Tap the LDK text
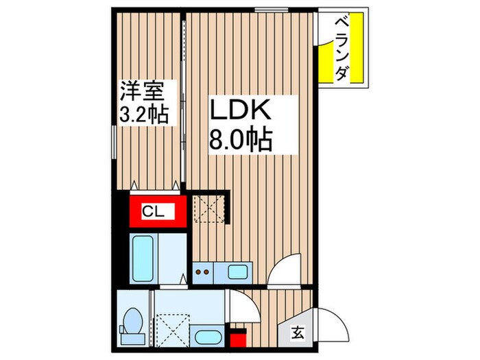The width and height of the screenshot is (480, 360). [x=241, y=112]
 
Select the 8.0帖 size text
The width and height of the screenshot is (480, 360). [x=241, y=141]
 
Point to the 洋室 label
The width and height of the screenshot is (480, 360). [x=144, y=91]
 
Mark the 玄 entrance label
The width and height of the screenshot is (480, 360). [x=298, y=333]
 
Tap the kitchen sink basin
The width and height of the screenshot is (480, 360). [x=237, y=272]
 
